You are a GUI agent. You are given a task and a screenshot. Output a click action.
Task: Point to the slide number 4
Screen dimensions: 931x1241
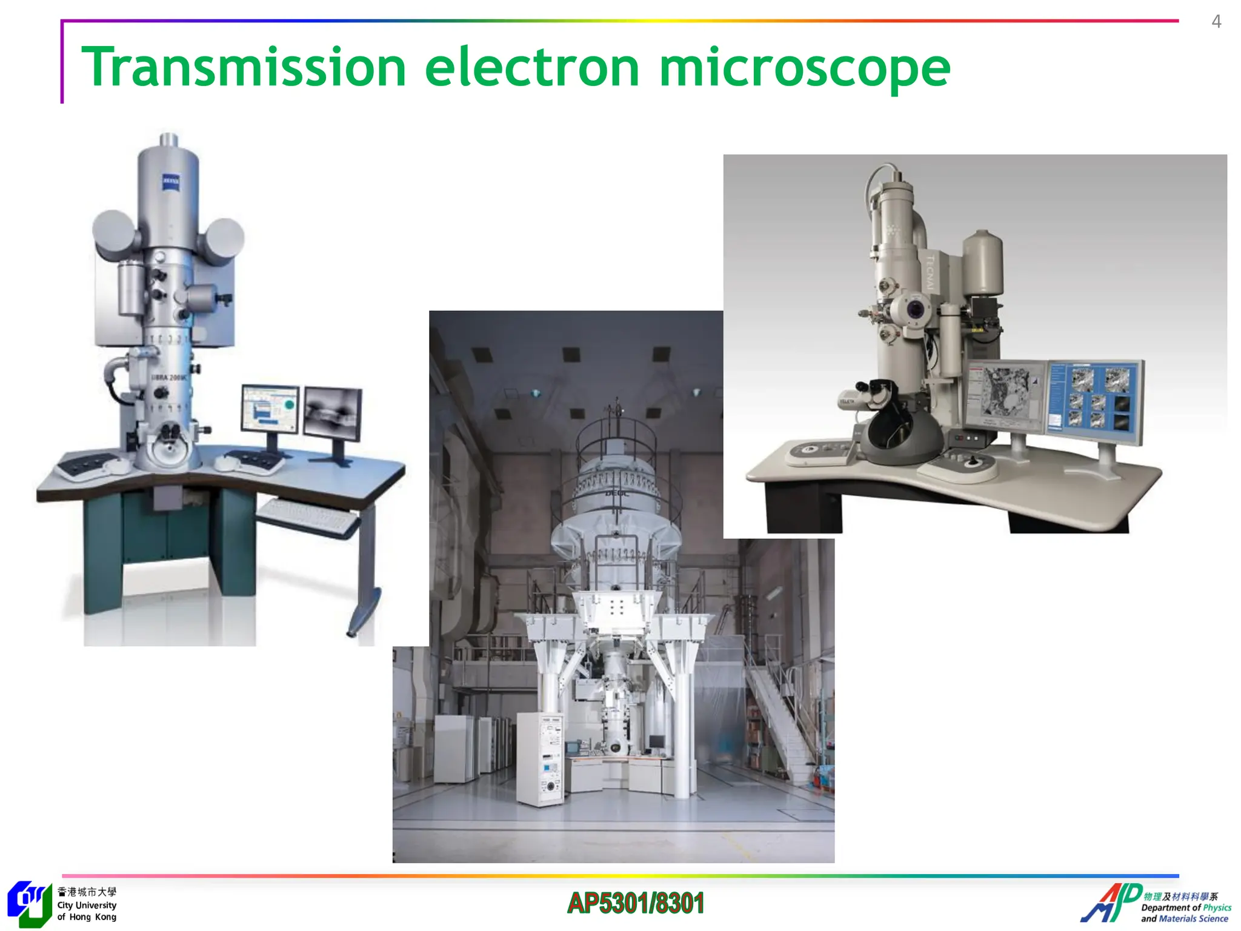tap(1216, 22)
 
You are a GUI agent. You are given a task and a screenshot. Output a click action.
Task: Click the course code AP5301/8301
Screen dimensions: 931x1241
tap(636, 903)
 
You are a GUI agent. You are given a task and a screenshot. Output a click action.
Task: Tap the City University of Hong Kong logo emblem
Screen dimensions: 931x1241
tap(28, 903)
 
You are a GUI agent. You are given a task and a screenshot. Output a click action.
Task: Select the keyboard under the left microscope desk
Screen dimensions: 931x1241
tap(308, 516)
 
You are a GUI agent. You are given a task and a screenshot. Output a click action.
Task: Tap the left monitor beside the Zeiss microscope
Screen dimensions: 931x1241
tap(270, 409)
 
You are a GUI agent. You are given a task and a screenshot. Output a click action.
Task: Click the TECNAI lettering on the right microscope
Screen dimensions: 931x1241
tap(931, 273)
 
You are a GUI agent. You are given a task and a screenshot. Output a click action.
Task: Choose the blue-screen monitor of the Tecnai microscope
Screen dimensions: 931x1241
tap(1096, 400)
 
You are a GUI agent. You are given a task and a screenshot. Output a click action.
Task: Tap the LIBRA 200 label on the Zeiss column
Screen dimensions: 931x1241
tap(170, 378)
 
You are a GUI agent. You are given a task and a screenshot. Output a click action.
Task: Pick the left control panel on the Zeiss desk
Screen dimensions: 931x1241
tap(88, 464)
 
